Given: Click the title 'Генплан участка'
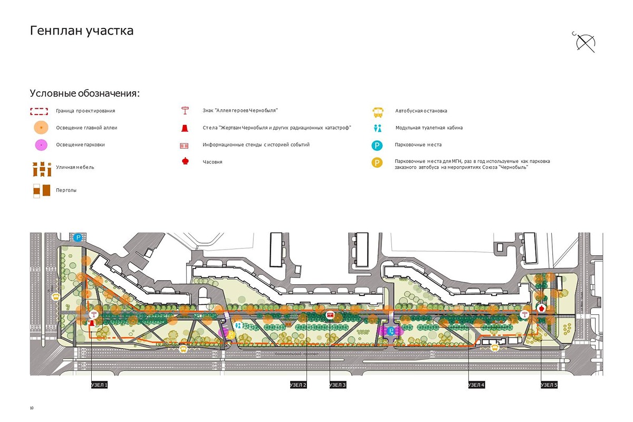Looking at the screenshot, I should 82,31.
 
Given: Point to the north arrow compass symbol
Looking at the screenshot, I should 585,43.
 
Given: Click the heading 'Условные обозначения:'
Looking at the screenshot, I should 85,94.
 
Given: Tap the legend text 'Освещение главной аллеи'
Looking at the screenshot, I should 87,128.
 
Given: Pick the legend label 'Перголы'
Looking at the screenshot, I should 66,190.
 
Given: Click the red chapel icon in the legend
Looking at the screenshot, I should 185,161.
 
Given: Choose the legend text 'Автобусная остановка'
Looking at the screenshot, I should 421,111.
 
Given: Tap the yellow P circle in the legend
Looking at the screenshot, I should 377,163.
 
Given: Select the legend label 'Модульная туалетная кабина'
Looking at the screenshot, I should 429,128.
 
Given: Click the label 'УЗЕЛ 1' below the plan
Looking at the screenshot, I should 99,385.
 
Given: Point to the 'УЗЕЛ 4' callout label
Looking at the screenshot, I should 476,385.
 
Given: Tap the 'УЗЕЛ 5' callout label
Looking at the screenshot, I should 549,385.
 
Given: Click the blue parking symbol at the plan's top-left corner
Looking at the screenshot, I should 78,238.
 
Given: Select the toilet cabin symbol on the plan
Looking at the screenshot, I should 238,325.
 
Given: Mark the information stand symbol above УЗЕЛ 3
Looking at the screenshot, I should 330,315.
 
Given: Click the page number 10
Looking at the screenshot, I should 32,408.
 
